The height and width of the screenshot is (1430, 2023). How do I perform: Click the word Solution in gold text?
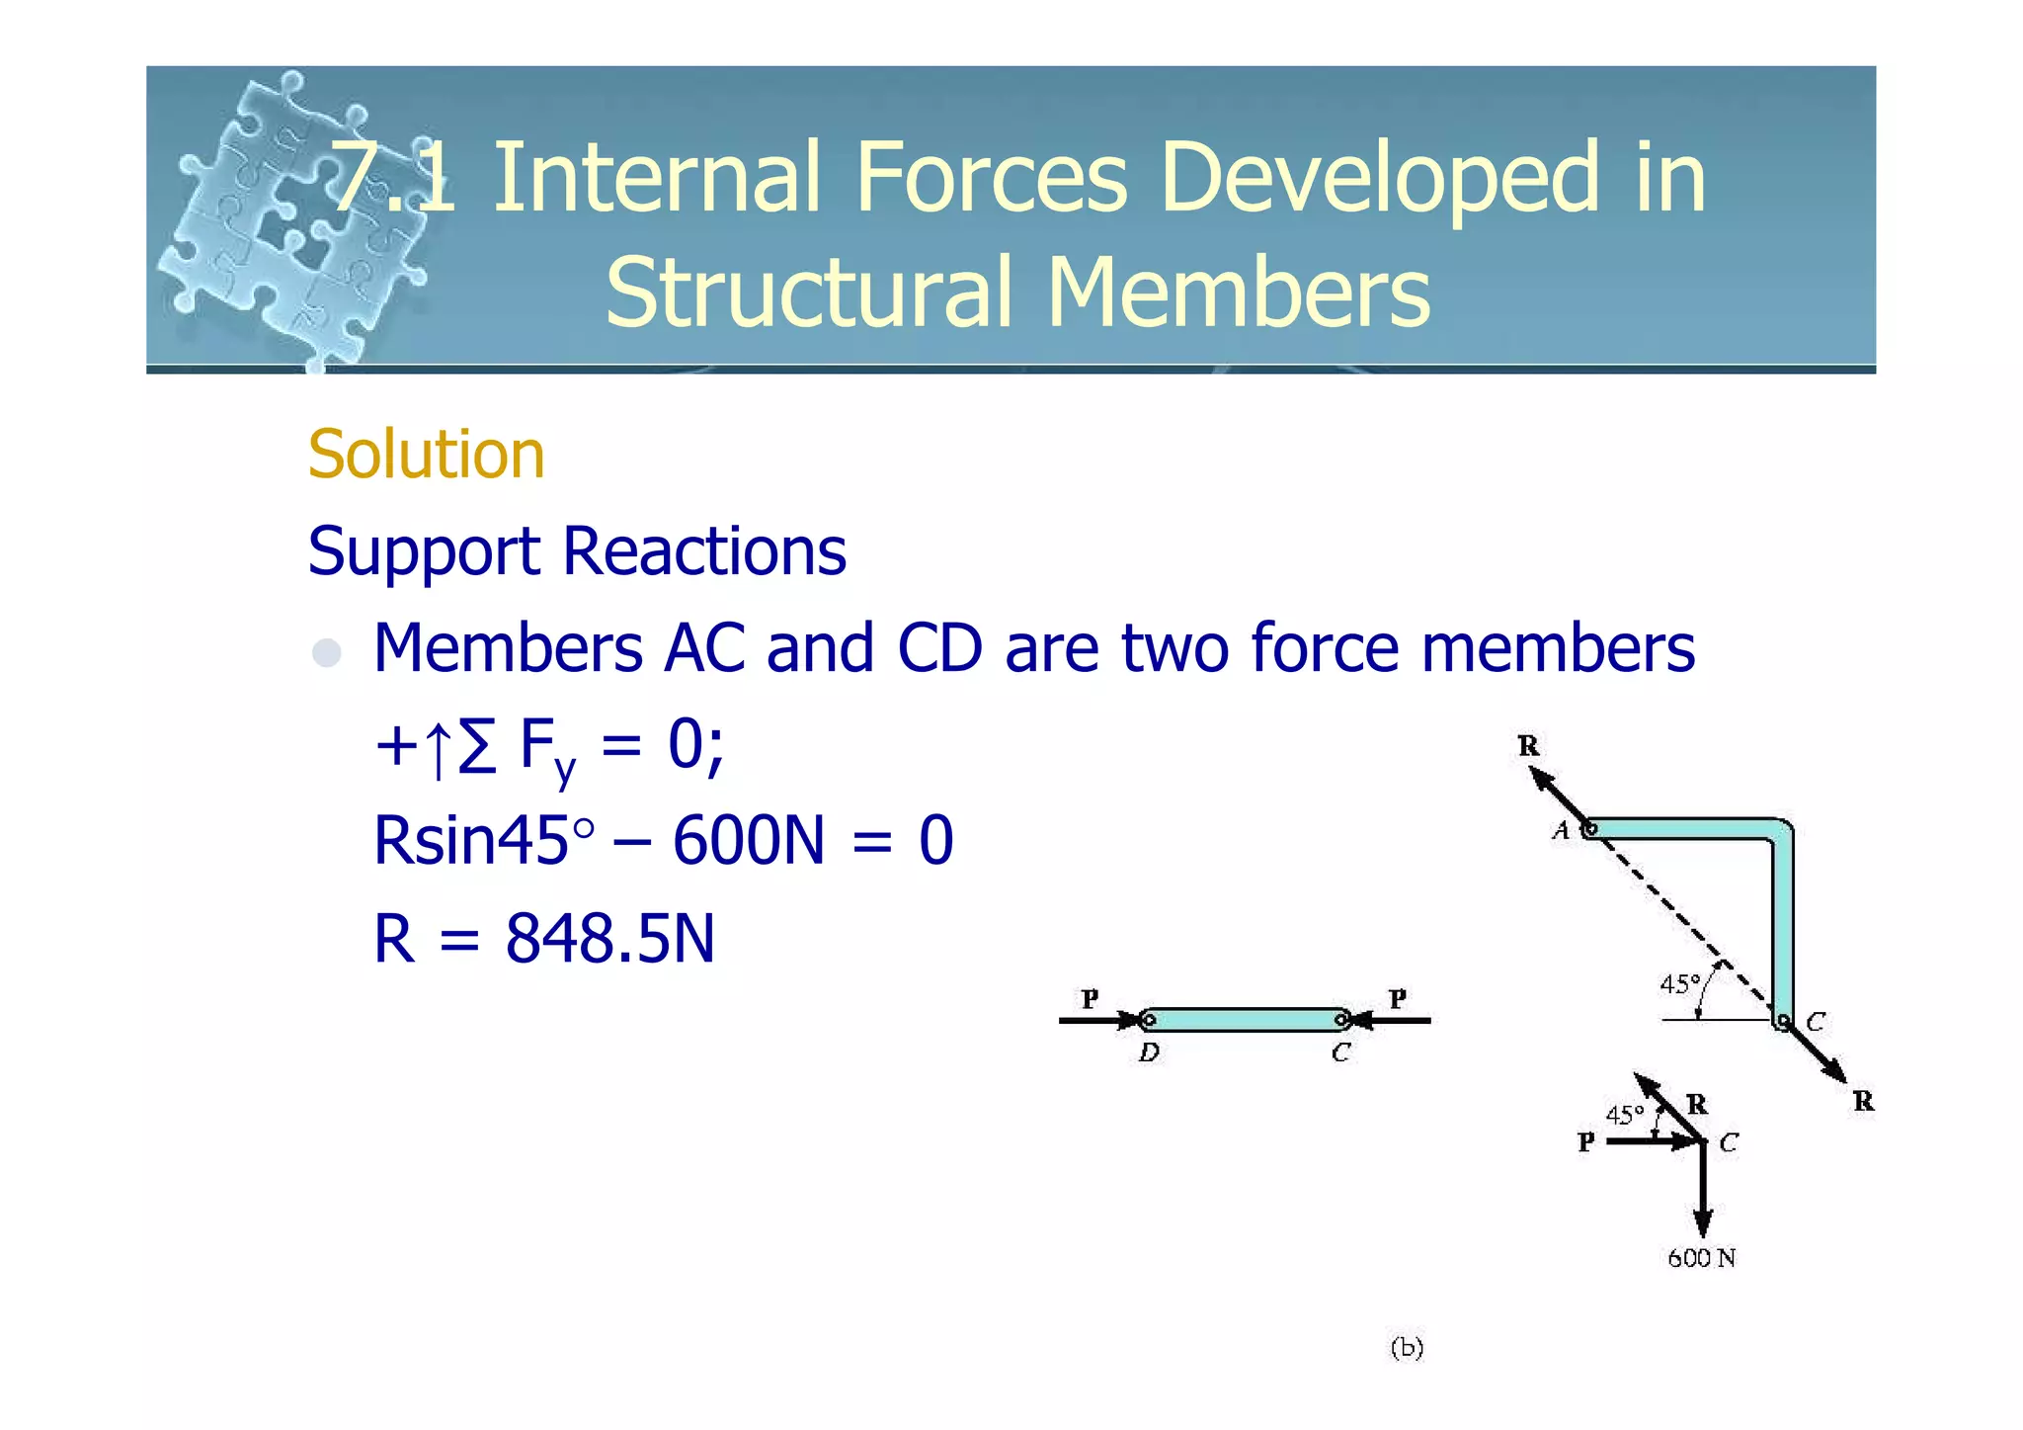[426, 455]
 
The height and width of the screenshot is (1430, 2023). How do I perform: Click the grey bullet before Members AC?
[326, 652]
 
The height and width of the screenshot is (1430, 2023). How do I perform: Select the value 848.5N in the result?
[609, 939]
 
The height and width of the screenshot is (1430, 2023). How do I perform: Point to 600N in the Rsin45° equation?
[748, 841]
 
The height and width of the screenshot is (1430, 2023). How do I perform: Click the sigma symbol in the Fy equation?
[477, 746]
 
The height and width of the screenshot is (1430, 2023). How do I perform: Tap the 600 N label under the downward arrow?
[1701, 1258]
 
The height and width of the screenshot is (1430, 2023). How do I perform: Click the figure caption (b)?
[1407, 1348]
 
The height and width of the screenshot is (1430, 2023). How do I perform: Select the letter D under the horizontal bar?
[1148, 1052]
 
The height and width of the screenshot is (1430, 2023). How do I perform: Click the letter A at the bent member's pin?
[1561, 831]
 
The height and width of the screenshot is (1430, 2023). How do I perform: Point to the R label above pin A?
[1528, 746]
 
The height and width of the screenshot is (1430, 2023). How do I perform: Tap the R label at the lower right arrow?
[1863, 1101]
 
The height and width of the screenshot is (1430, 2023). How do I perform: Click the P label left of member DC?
[1090, 999]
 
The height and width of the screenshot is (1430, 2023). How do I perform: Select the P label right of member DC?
[1398, 999]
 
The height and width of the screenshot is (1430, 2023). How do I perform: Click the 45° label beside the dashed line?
[1679, 984]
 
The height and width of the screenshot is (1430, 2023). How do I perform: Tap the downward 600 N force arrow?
[1703, 1191]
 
